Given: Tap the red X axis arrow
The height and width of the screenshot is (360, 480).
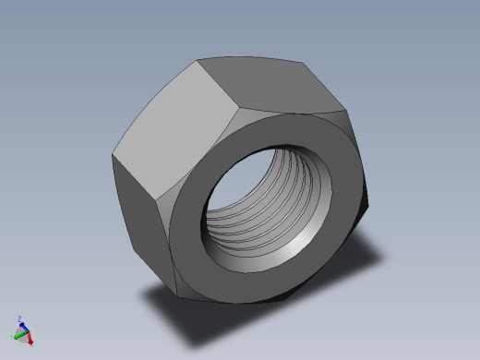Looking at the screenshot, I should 29,337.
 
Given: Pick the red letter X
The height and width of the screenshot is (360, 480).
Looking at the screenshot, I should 31,342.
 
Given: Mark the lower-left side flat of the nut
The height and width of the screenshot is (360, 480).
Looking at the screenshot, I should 143,217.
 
